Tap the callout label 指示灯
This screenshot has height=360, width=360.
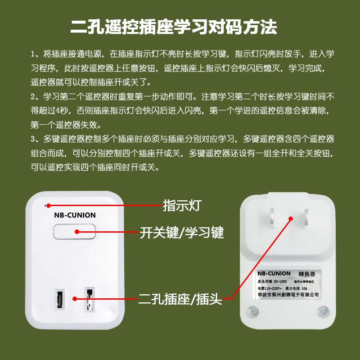click(x=181, y=206)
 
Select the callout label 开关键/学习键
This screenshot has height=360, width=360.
click(x=181, y=233)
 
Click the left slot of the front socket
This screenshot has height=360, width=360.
click(x=58, y=298)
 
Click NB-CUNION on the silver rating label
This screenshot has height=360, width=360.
click(x=274, y=273)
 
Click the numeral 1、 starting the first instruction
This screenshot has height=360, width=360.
click(x=35, y=55)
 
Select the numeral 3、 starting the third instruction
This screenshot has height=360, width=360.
click(x=35, y=139)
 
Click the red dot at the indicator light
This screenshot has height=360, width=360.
click(x=47, y=205)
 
